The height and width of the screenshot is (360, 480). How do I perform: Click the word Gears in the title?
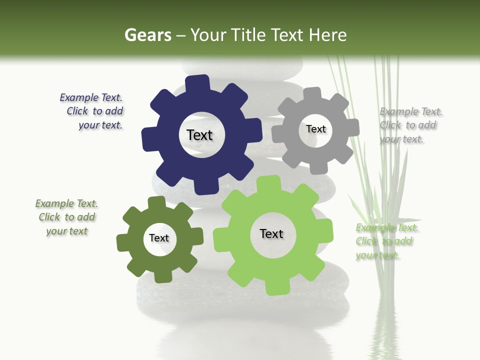click(147, 35)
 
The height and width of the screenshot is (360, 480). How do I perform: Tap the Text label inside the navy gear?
click(199, 135)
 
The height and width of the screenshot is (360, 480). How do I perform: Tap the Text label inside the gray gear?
click(316, 129)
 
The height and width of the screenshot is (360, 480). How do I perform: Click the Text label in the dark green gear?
click(159, 238)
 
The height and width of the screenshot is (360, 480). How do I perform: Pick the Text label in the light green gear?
click(271, 233)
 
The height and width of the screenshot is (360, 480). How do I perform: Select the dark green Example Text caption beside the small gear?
click(67, 217)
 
